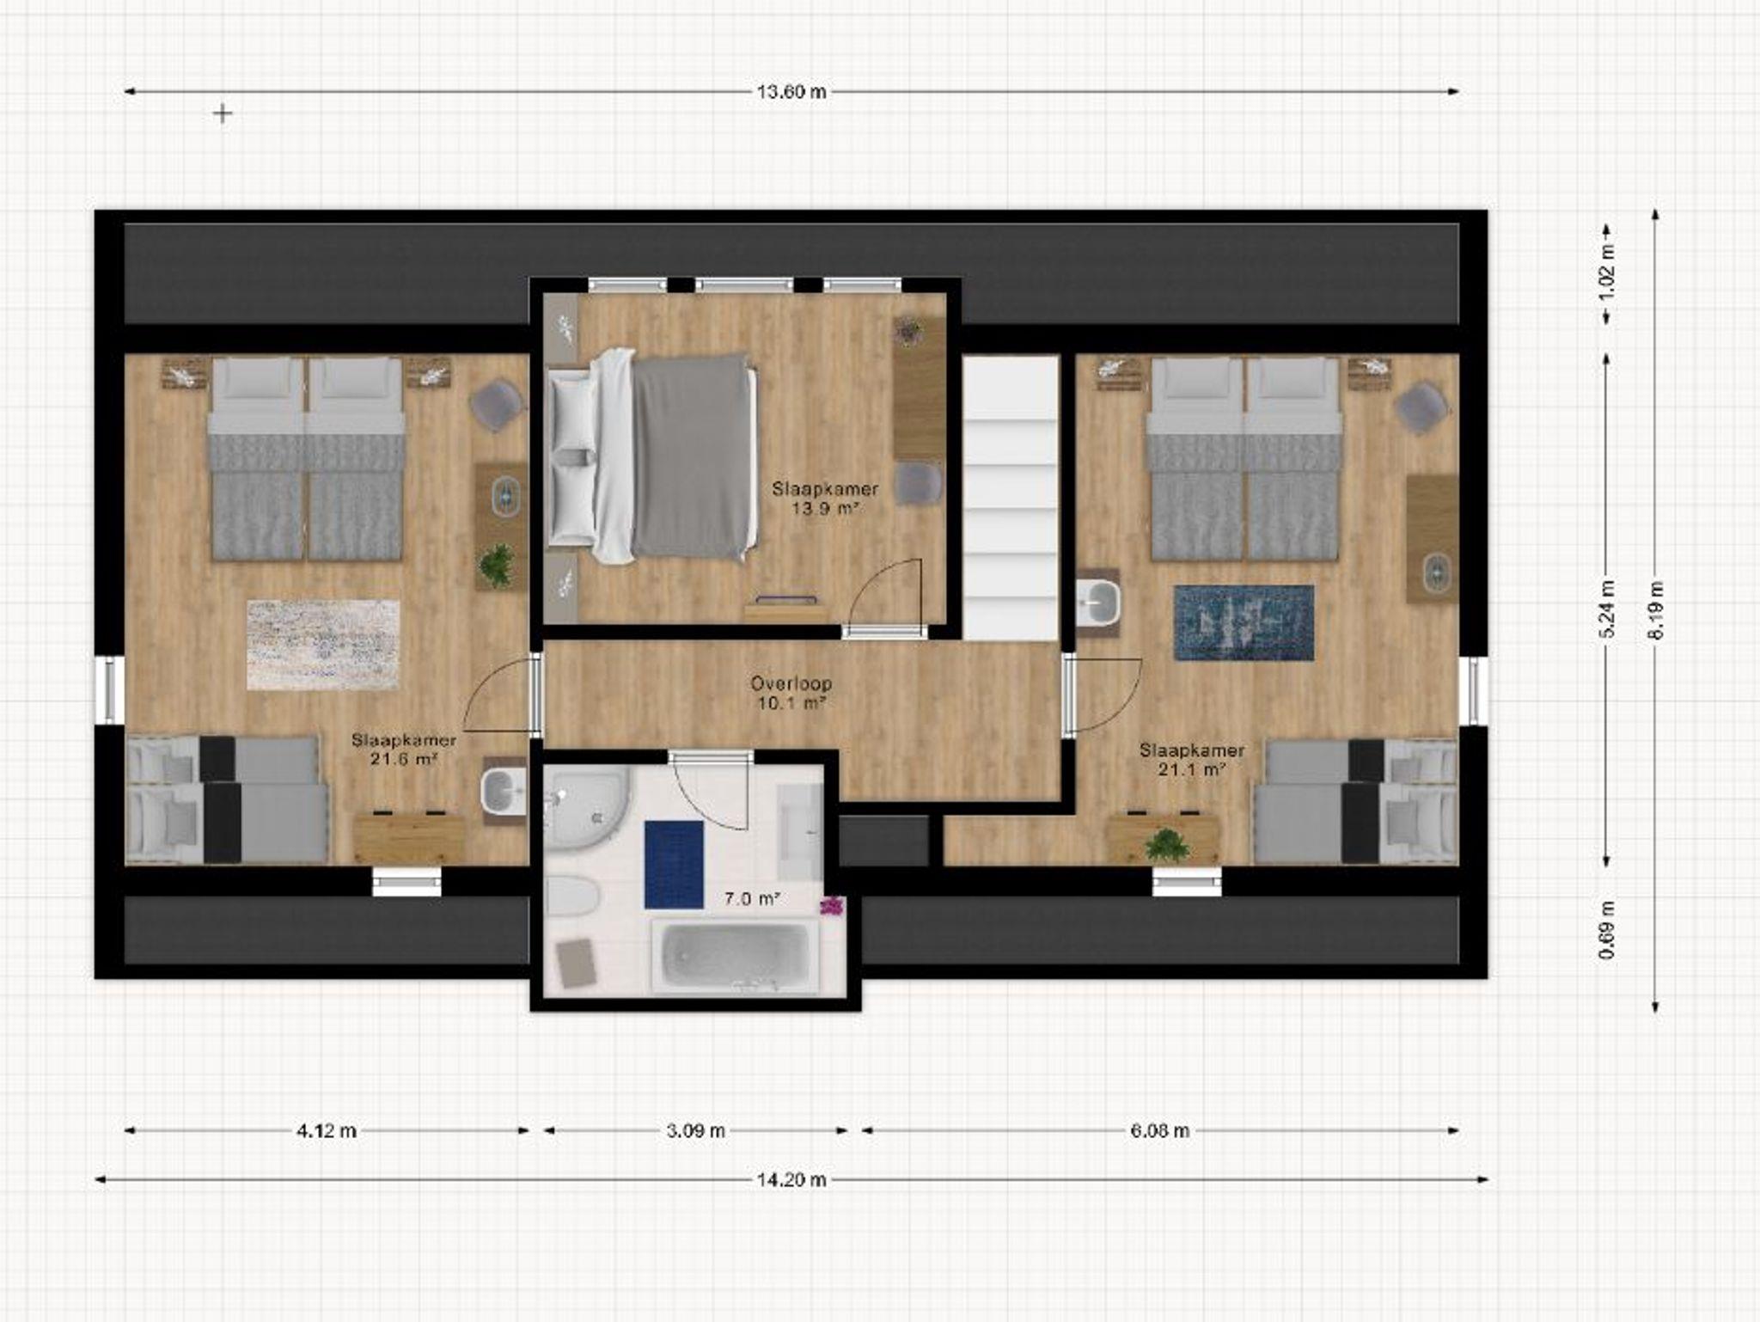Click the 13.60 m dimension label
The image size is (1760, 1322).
click(791, 91)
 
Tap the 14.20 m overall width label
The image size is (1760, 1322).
click(791, 1179)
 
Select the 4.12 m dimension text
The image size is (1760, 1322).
click(327, 1130)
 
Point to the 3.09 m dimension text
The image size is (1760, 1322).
click(696, 1130)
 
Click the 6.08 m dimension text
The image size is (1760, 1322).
click(1160, 1130)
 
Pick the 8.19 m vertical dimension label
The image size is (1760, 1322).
click(1657, 610)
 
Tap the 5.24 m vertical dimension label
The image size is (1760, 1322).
click(1609, 610)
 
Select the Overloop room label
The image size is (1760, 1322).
click(791, 684)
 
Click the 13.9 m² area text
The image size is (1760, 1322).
click(826, 508)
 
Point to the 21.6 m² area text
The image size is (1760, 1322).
click(404, 759)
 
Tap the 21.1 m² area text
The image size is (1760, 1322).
click(1191, 769)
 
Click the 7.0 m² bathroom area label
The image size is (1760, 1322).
click(752, 899)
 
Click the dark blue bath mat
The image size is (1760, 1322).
click(675, 865)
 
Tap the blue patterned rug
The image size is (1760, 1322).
click(1244, 623)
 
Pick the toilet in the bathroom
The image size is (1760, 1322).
click(572, 897)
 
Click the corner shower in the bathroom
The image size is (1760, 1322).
click(586, 808)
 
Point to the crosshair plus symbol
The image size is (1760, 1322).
click(223, 113)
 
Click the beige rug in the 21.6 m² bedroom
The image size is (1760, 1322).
click(323, 645)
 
